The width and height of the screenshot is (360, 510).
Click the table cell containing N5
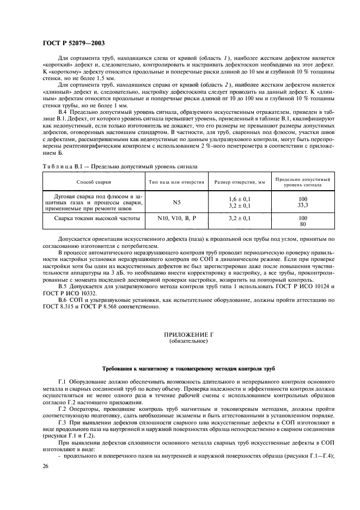[x=176, y=202]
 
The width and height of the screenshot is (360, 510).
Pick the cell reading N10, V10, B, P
[x=176, y=218]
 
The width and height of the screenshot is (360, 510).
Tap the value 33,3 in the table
[x=303, y=205]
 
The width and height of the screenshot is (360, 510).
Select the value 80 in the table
[x=303, y=223]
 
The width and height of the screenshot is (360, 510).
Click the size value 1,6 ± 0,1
[x=240, y=199]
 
